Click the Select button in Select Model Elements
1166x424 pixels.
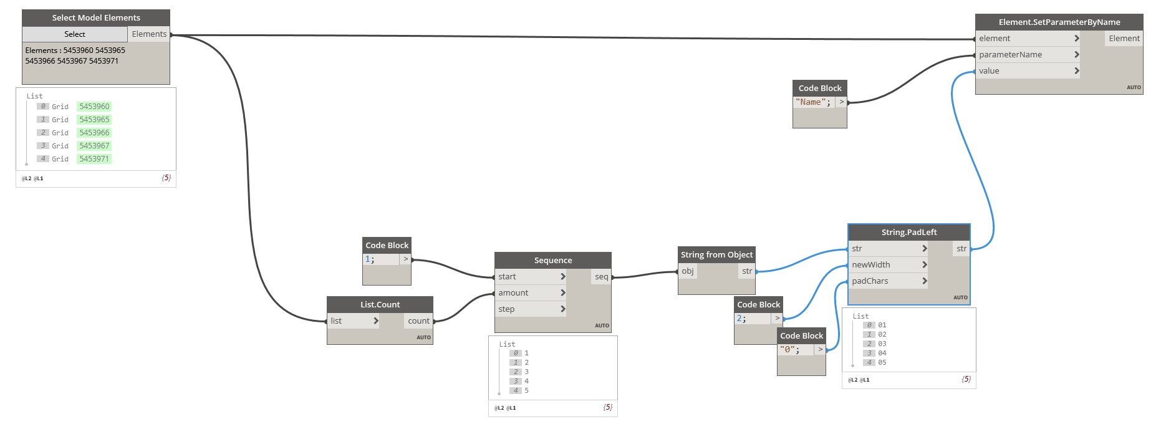[x=74, y=34]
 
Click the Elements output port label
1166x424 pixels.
[x=149, y=34]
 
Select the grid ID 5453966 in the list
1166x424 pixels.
[x=94, y=133]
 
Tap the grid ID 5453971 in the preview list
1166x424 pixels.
[x=94, y=159]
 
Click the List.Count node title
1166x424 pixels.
[x=380, y=304]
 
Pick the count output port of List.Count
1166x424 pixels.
[x=418, y=321]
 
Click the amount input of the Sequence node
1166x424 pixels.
[x=513, y=293]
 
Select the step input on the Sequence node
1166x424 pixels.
[x=506, y=309]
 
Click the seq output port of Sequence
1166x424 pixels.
[x=601, y=277]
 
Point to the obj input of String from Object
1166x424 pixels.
[x=688, y=271]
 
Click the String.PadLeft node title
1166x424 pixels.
[x=908, y=232]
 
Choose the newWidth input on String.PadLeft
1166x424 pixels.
[x=871, y=265]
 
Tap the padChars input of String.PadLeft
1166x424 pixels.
[x=870, y=281]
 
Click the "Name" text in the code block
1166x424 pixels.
[x=811, y=102]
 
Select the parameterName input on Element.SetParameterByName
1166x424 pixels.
[x=1010, y=55]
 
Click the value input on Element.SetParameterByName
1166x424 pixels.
[x=989, y=71]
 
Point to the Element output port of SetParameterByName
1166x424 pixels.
[x=1124, y=39]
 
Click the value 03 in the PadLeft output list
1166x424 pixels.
[x=882, y=344]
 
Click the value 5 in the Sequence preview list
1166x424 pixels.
[x=527, y=390]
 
